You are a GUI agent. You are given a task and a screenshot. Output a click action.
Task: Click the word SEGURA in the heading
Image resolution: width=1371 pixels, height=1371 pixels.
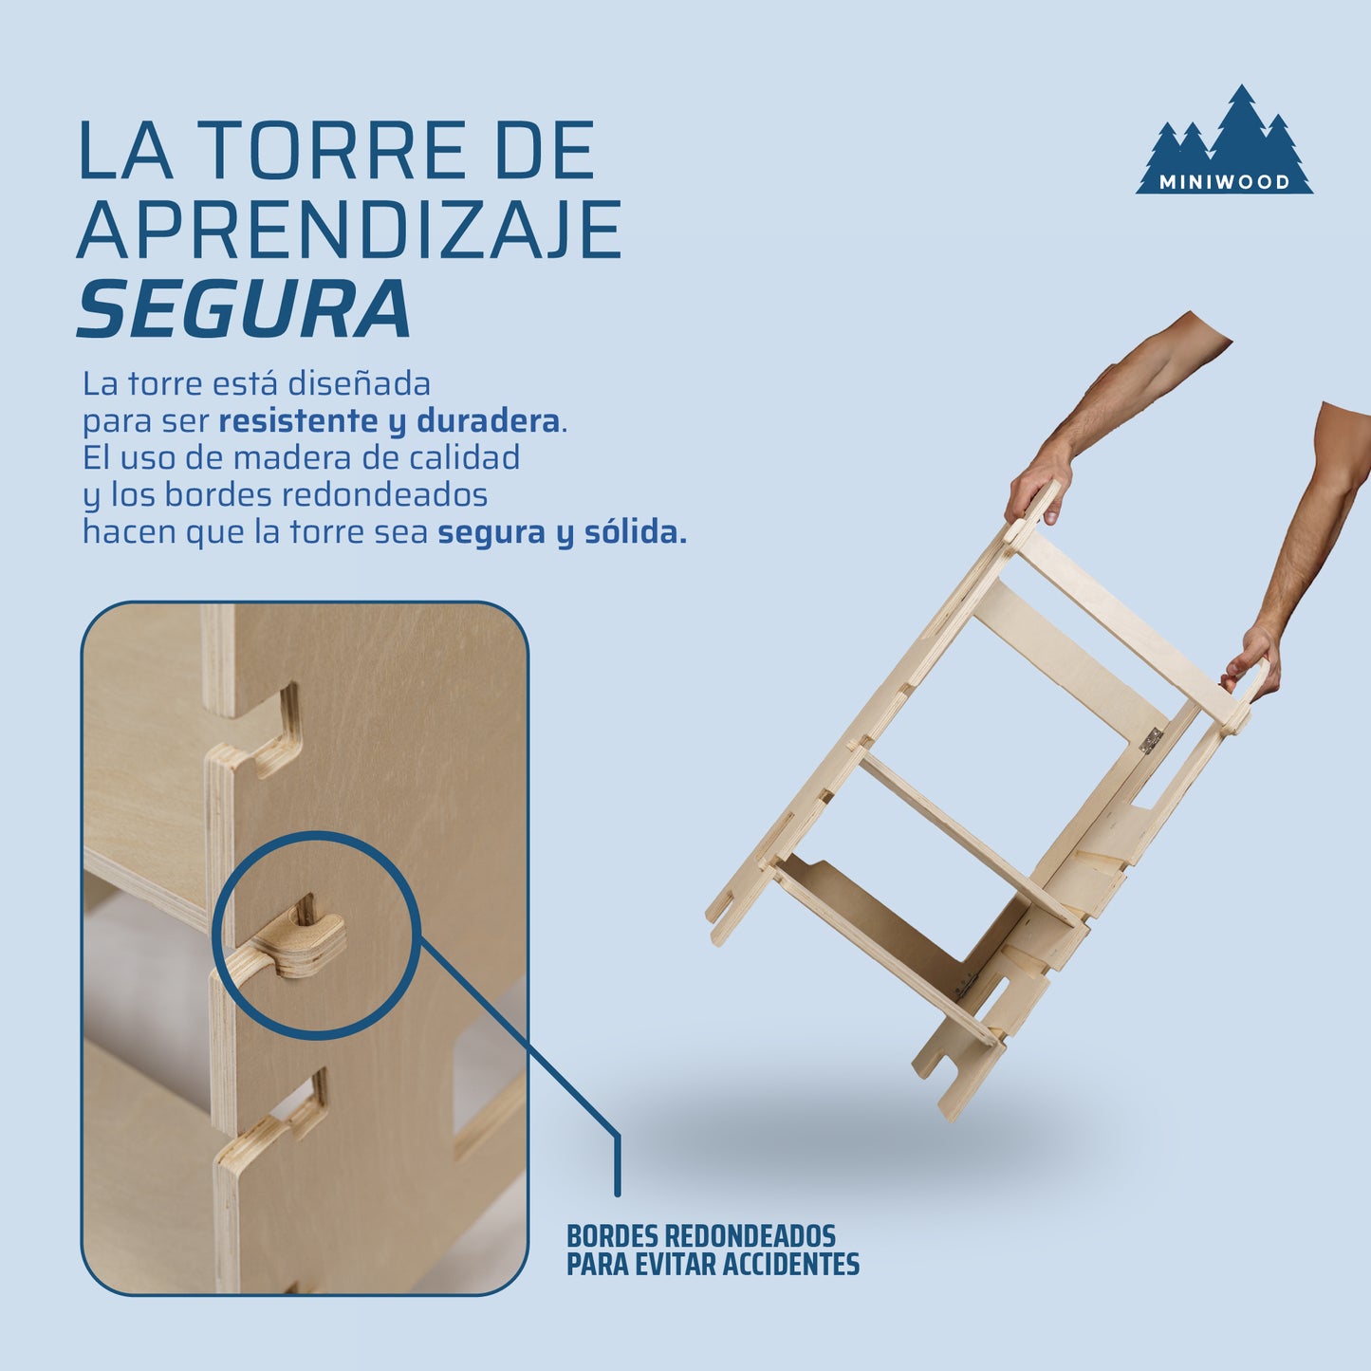244,308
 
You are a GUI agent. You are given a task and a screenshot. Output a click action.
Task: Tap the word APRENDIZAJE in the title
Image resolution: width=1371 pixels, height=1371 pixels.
349,230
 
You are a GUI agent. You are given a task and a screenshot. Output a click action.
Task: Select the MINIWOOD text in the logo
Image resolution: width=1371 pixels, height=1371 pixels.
1225,182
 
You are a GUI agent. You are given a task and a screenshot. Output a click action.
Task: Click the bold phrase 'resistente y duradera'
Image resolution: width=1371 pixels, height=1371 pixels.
389,422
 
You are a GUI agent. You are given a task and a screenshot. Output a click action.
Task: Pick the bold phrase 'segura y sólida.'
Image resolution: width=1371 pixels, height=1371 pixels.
562,533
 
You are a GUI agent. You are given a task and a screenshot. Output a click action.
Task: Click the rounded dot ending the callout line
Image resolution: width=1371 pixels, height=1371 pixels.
617,1193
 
